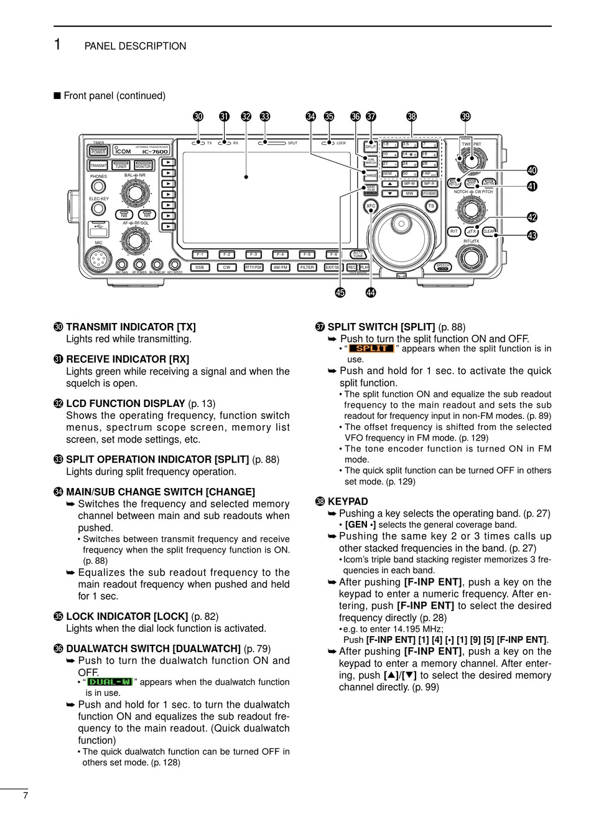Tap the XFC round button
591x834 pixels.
tap(371, 205)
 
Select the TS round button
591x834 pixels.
tap(431, 205)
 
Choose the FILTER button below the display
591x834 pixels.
tap(307, 268)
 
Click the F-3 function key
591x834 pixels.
tap(253, 254)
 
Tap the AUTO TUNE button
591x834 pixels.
tap(358, 255)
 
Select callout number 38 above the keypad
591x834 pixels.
tap(411, 116)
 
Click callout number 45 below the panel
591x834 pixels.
tap(340, 293)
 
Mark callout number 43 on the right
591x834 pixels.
tap(532, 235)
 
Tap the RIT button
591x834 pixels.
tap(454, 232)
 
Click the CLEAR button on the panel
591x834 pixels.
tap(489, 232)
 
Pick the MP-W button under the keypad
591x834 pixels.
tap(409, 184)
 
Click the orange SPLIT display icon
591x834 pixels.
tap(371, 349)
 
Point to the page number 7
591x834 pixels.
tap(25, 795)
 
